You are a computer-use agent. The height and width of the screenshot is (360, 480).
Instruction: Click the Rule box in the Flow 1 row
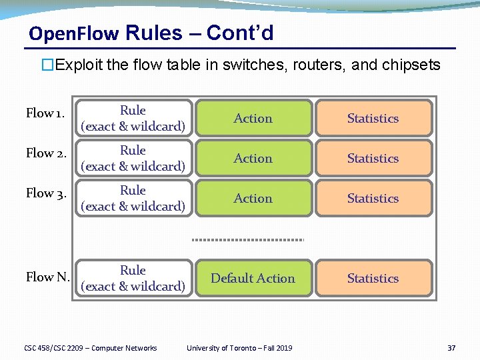133,118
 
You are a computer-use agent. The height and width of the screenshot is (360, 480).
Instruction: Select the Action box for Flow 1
253,118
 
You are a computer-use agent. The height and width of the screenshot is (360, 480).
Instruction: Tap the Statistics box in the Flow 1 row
373,118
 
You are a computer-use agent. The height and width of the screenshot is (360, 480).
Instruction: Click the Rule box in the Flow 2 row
133,158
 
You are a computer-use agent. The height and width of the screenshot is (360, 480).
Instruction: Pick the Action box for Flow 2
253,158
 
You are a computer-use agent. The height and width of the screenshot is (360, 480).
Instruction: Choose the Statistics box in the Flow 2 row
373,158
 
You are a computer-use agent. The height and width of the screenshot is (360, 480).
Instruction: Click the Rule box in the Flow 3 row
133,198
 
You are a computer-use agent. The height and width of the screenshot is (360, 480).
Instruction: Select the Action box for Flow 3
253,198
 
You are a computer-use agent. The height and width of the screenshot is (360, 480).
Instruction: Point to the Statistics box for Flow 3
373,198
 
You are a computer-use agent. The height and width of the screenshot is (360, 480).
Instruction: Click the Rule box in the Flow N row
133,278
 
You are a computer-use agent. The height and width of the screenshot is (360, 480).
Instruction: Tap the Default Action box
253,278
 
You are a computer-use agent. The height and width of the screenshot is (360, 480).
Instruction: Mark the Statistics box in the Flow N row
373,278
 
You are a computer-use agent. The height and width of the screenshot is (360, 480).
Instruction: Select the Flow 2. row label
45,153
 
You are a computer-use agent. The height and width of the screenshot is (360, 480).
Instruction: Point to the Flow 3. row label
45,193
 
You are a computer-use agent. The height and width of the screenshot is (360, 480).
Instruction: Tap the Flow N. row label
47,277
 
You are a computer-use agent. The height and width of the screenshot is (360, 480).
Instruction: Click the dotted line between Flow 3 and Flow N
248,239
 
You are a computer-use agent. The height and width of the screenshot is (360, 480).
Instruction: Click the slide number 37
451,347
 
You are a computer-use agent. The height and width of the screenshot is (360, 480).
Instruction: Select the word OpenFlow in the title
74,33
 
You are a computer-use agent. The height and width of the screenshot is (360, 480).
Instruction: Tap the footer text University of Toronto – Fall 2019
239,347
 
